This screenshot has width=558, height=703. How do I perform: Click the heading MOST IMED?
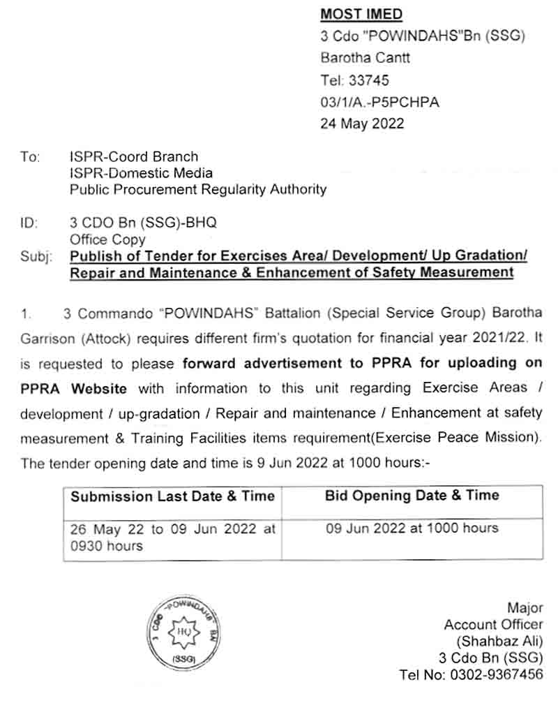(361, 14)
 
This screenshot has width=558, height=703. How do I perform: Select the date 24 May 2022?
(362, 124)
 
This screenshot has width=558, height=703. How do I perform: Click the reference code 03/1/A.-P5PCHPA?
(379, 103)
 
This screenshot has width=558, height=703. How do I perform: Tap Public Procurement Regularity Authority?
(197, 188)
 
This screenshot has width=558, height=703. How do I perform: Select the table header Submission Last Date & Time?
(172, 497)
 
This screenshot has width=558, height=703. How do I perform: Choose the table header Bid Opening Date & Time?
(412, 496)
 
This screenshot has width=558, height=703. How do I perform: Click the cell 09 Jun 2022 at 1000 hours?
(412, 528)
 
